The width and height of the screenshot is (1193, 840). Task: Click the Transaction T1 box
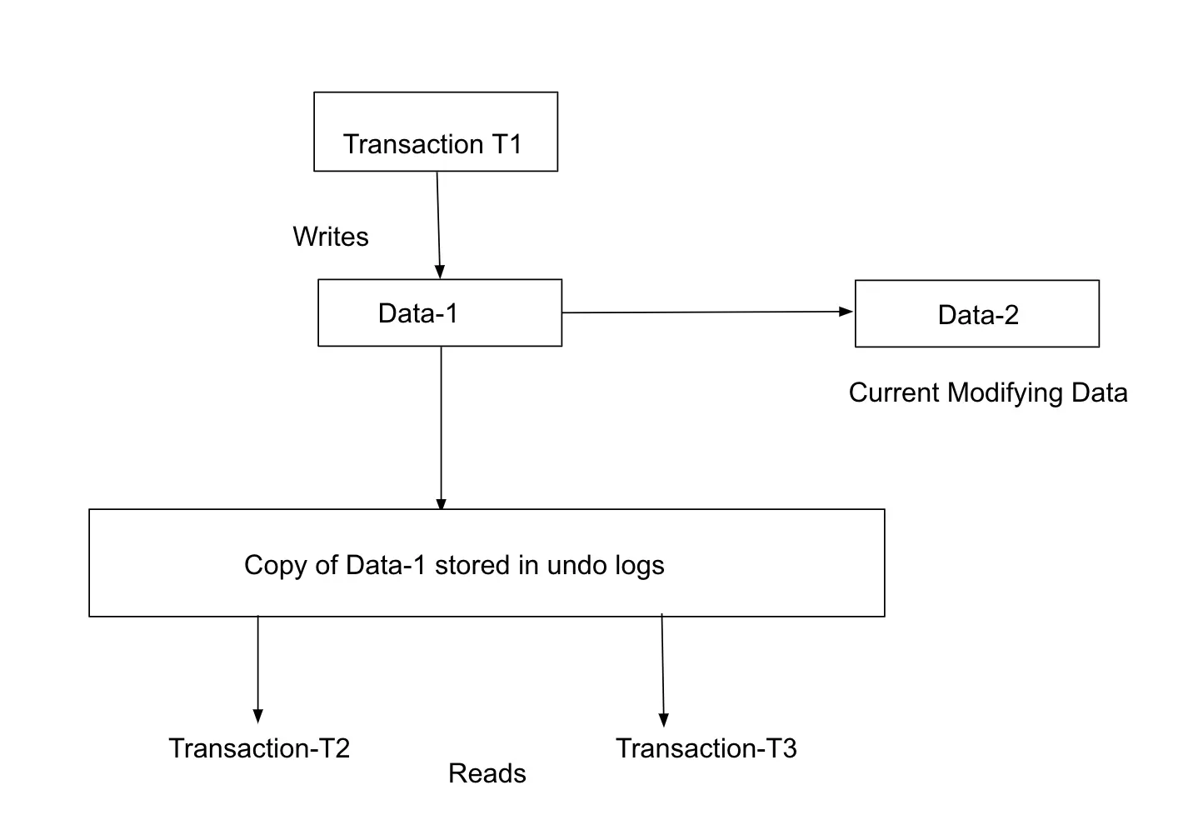tap(435, 132)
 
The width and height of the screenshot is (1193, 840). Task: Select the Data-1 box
tap(440, 312)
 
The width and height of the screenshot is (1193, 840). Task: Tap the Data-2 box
tap(976, 314)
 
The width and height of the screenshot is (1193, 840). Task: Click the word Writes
tap(331, 237)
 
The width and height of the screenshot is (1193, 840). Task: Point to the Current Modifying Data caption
tap(987, 392)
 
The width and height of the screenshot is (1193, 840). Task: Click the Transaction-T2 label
tap(259, 748)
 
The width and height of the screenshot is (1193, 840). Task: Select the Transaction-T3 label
tap(706, 748)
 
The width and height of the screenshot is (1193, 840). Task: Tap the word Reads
tap(487, 773)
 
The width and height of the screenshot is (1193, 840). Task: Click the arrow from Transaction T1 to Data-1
tap(438, 225)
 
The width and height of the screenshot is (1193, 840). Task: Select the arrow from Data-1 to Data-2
tap(708, 312)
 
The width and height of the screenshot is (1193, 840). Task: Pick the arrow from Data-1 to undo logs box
tap(441, 427)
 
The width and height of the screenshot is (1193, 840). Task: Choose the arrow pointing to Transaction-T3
tap(663, 671)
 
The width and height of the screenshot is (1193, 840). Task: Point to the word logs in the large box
tap(639, 565)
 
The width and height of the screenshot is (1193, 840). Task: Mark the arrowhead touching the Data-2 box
tap(846, 312)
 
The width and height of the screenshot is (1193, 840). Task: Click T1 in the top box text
tap(506, 144)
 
